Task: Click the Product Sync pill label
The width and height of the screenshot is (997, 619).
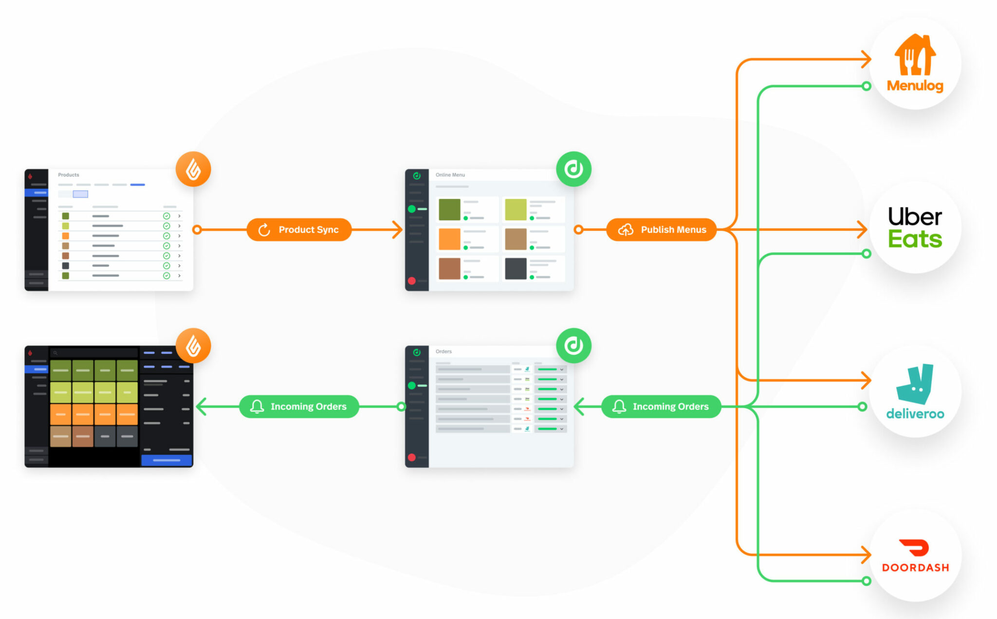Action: (299, 230)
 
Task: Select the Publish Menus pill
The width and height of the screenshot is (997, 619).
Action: (661, 230)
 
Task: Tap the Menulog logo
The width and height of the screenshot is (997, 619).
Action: (915, 63)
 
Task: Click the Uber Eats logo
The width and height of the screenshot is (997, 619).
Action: (915, 227)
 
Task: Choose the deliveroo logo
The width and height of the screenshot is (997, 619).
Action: (915, 391)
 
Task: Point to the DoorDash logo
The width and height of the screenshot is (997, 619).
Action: (915, 556)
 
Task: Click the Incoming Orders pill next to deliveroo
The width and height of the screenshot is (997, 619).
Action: (661, 407)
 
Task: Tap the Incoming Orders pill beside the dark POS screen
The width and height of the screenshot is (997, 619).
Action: (299, 407)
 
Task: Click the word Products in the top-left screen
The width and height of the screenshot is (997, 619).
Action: (69, 175)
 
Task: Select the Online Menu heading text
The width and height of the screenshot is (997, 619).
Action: (450, 175)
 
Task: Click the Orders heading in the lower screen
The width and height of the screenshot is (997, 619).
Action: (443, 352)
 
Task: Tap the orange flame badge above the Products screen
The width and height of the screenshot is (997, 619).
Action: (193, 169)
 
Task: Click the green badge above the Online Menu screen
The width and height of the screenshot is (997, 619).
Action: (573, 169)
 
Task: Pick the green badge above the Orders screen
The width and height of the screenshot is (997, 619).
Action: (573, 346)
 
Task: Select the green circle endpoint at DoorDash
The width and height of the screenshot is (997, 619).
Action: (867, 581)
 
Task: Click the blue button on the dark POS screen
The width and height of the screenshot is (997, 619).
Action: (166, 460)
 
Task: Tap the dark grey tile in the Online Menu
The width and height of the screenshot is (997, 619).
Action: (516, 269)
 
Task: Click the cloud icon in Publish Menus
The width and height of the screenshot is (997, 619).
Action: (626, 230)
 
